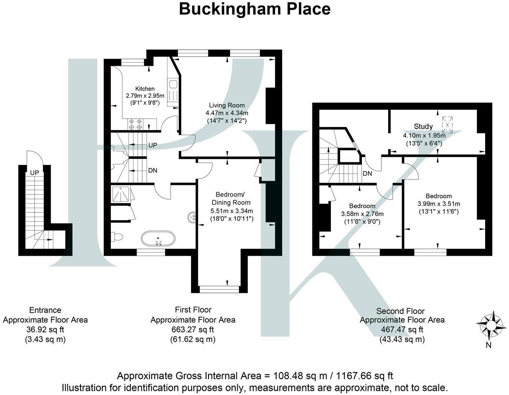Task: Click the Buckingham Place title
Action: pyautogui.click(x=254, y=9)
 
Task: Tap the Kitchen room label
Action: pyautogui.click(x=145, y=88)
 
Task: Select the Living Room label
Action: pyautogui.click(x=227, y=105)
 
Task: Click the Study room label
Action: pyautogui.click(x=423, y=126)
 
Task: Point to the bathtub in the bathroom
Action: pyautogui.click(x=158, y=239)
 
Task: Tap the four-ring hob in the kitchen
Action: pyautogui.click(x=135, y=124)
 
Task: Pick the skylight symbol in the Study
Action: pyautogui.click(x=447, y=125)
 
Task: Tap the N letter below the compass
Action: pyautogui.click(x=489, y=345)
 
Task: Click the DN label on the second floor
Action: pyautogui.click(x=367, y=173)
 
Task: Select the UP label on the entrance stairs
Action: pyautogui.click(x=34, y=173)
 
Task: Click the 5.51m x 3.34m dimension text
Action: pyautogui.click(x=232, y=211)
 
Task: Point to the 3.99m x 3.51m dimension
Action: pyautogui.click(x=438, y=204)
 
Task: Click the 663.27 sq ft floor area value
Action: pyautogui.click(x=192, y=330)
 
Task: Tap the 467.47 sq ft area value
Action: pyautogui.click(x=402, y=330)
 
